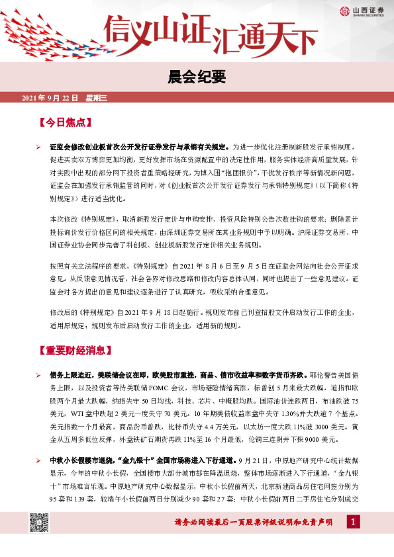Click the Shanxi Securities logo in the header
(358, 11)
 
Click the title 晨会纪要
(197, 76)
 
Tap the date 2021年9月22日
(50, 98)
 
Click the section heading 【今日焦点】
(64, 122)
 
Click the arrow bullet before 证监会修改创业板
(38, 146)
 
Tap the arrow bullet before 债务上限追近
(38, 375)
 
